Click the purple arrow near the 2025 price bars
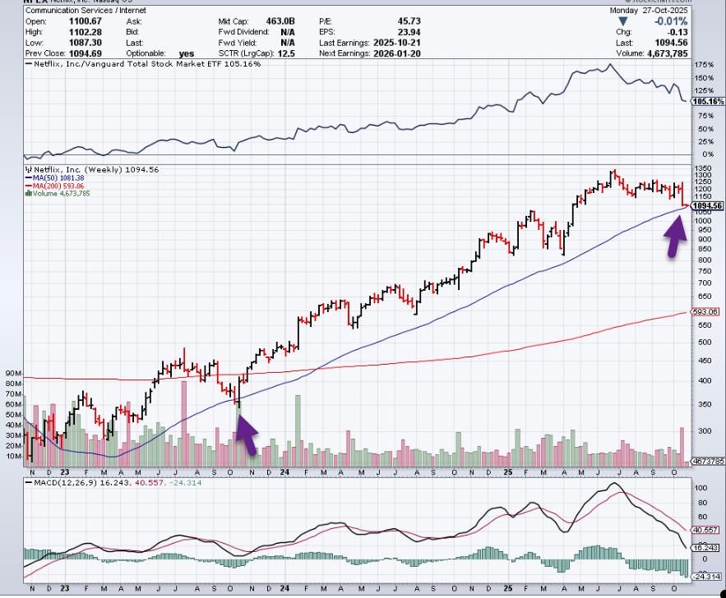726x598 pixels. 675,241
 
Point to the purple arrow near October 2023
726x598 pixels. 247,434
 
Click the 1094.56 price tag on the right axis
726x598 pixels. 707,206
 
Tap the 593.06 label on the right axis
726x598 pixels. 706,312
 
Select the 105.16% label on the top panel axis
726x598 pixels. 707,101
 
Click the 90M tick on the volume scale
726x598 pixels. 13,372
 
